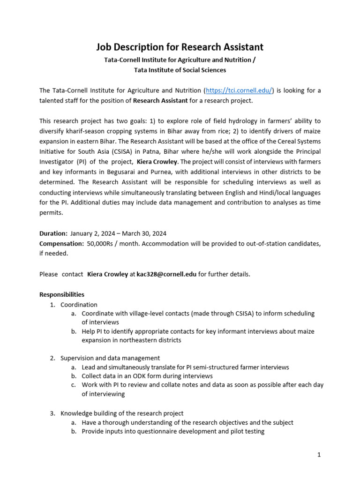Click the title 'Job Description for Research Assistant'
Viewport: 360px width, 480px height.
(x=180, y=47)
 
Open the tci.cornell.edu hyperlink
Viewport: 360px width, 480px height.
(x=239, y=90)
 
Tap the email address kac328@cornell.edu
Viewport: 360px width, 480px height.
(x=166, y=274)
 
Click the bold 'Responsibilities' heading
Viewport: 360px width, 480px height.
(x=62, y=294)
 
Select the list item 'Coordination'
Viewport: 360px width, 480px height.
(x=79, y=305)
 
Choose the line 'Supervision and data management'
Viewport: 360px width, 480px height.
(x=110, y=358)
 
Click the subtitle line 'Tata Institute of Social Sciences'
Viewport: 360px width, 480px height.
(x=180, y=70)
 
